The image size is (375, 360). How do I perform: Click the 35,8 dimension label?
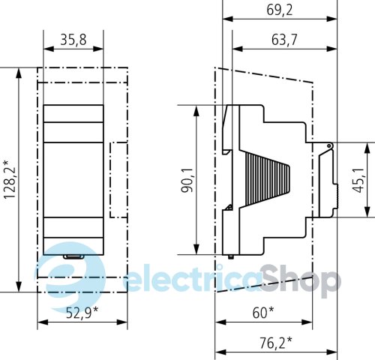73,40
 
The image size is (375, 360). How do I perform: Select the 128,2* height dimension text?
10,180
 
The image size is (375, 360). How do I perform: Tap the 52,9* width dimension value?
82,313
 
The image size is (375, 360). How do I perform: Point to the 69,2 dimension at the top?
279,10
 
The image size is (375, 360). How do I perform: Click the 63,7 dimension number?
284,40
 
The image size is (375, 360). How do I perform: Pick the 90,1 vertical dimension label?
187,180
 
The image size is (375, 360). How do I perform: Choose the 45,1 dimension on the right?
358,180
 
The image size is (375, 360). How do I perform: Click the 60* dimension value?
263,313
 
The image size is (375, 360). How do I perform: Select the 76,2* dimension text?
275,343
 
